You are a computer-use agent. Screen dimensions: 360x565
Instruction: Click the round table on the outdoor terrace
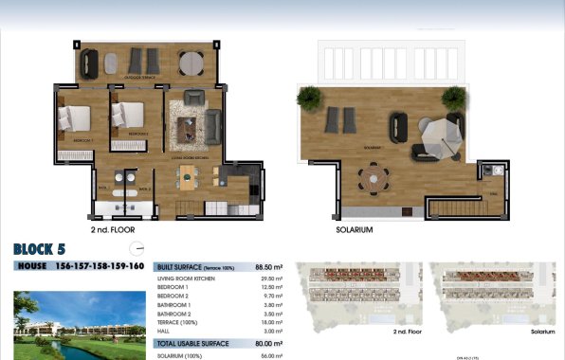pos(191,63)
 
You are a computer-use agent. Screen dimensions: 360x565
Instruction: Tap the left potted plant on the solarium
pos(309,97)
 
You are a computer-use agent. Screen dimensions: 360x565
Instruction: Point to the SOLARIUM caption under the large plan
pos(355,230)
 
